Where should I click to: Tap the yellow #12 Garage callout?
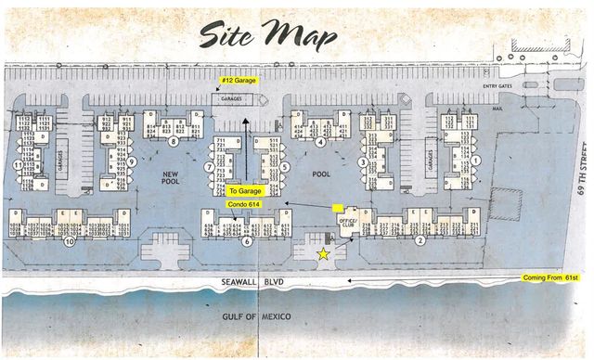tap(239, 81)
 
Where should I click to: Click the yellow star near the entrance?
tap(323, 253)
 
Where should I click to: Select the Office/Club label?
tap(348, 222)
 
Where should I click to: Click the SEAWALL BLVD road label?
tap(259, 282)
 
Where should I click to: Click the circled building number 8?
tap(174, 142)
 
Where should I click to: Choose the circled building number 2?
tap(420, 240)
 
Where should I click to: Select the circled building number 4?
tap(319, 142)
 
